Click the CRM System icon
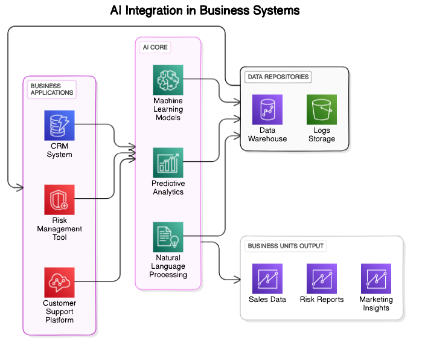pos(59,125)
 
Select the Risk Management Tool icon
pos(59,199)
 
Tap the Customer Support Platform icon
pos(59,282)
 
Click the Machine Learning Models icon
pos(168,79)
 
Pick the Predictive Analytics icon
pos(168,162)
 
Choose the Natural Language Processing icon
pos(168,237)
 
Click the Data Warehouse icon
pos(267,109)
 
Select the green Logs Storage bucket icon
pos(322,109)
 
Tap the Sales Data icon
pos(267,278)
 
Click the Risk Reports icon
pos(322,278)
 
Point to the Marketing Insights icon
pos(376,278)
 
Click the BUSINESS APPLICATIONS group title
pos(52,89)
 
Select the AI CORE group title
pos(155,47)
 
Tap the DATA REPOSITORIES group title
pos(278,77)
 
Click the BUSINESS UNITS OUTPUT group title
pos(286,246)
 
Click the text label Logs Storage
pos(322,135)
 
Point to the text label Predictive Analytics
pos(168,188)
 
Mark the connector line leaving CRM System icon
pos(86,124)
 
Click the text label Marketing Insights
pos(376,304)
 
